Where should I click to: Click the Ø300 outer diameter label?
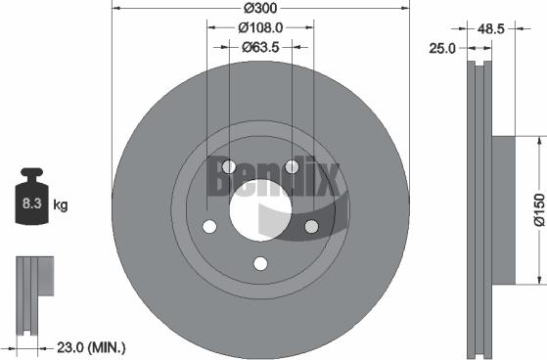coord(259,9)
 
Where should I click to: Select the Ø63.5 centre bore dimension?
coord(260,46)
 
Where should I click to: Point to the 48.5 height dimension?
coord(492,29)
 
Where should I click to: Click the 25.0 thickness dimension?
coord(443,47)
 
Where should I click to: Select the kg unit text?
coord(60,205)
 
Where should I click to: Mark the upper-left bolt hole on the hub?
coord(228,167)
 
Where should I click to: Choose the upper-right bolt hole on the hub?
coord(292,167)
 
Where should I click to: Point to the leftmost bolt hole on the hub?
coord(208,227)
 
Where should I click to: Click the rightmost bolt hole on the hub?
coord(311,227)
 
